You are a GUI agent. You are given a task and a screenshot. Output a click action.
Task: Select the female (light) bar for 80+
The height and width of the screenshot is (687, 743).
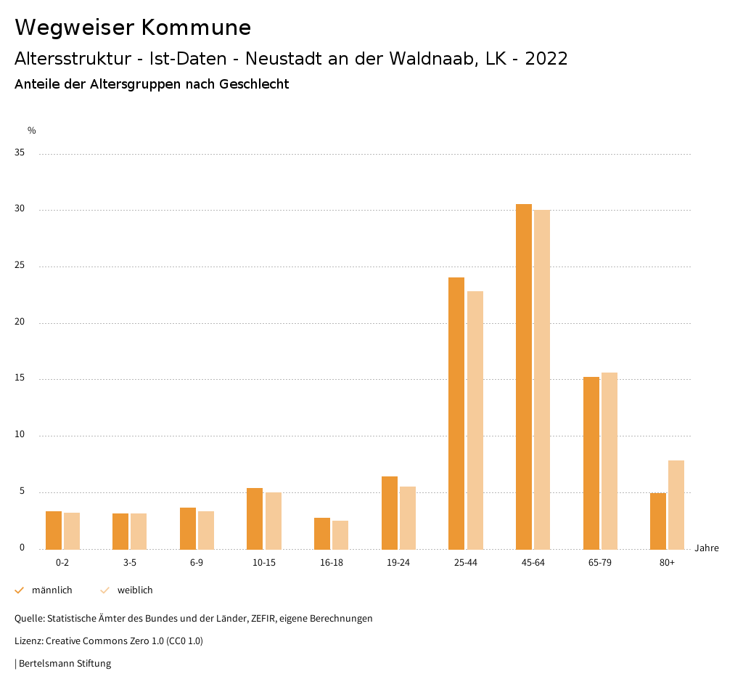(676, 505)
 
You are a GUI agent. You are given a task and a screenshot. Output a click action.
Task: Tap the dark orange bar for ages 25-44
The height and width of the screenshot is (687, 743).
(456, 413)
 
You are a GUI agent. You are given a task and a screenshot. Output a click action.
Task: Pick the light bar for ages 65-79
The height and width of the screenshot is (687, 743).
(609, 460)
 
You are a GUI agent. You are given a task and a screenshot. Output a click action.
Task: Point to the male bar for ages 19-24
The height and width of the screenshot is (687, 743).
(390, 513)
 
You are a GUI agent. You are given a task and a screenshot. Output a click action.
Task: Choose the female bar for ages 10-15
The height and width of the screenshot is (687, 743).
(273, 521)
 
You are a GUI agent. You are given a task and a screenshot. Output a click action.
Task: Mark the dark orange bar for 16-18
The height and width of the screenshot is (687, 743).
(322, 533)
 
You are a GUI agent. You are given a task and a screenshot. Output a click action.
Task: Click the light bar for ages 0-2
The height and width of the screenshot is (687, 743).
(72, 531)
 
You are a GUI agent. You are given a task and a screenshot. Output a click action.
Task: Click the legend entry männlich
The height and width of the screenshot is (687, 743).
(52, 590)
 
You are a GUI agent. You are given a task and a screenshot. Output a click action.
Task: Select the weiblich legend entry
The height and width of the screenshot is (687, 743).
(135, 590)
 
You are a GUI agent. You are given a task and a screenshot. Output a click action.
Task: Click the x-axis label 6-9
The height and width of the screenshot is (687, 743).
(197, 563)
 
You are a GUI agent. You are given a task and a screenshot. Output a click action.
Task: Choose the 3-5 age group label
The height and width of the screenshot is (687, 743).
(130, 563)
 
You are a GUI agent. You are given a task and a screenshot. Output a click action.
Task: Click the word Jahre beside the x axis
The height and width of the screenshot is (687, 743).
(707, 548)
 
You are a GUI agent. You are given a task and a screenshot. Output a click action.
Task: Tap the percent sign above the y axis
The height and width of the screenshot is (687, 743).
(32, 131)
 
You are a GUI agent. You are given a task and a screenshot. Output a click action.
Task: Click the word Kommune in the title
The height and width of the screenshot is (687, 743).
(196, 28)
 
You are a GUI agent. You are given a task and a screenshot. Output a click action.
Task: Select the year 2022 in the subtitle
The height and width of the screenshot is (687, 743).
(546, 59)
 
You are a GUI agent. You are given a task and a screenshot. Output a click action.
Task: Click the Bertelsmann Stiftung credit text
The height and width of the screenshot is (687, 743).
(65, 664)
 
